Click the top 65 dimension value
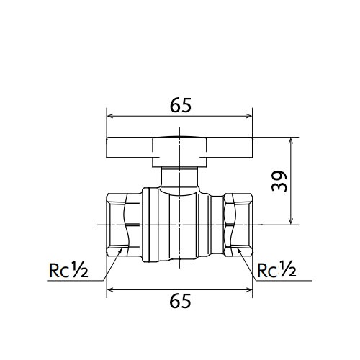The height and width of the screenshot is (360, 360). [x=181, y=105]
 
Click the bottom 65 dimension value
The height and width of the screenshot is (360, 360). [x=180, y=301]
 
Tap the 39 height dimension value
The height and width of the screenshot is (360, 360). [x=279, y=181]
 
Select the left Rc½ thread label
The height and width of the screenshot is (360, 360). [x=68, y=270]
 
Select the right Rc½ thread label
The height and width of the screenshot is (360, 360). [x=276, y=270]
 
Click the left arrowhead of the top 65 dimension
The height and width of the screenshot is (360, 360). [x=109, y=116]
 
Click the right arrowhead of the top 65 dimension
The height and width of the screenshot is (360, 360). [x=249, y=116]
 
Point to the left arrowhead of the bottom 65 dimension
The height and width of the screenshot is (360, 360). [x=109, y=290]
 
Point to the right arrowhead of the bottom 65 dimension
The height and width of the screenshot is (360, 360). [x=249, y=290]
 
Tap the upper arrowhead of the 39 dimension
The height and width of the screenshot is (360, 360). [x=291, y=140]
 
